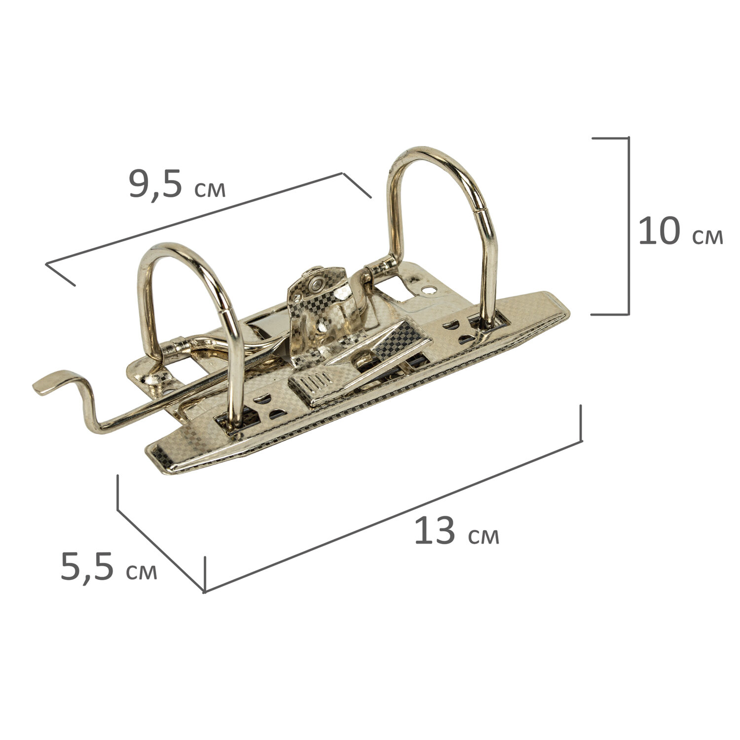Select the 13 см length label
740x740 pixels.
tap(457, 531)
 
